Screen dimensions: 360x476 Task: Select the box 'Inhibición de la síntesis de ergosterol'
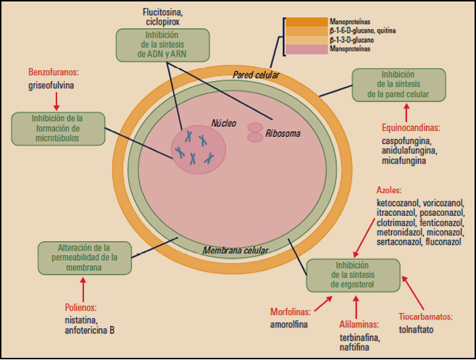coord(353,275)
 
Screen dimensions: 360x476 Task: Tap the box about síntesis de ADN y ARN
coord(162,45)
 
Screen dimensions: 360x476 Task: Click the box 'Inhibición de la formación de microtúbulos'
coord(58,127)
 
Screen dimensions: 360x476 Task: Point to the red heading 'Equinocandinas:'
coord(410,127)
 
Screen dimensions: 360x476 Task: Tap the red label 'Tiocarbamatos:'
coord(425,317)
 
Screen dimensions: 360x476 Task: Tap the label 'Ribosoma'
coord(283,134)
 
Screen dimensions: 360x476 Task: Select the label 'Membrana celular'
coord(235,251)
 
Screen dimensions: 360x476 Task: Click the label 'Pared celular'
coord(256,75)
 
